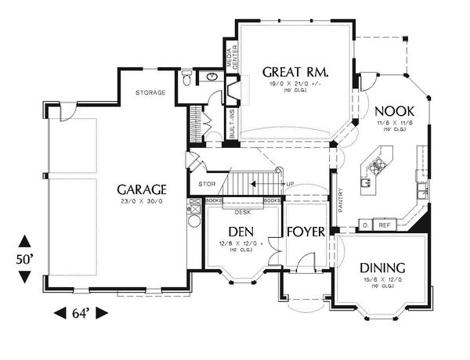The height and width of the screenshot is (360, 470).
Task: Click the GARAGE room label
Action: click(x=142, y=189)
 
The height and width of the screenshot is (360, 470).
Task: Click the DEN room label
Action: click(x=240, y=232)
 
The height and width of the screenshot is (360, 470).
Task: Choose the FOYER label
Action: click(x=301, y=232)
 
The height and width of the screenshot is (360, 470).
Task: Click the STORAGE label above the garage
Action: click(x=150, y=93)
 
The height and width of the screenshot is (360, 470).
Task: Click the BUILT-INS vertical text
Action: click(x=233, y=124)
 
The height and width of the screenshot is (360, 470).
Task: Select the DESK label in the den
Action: click(x=243, y=212)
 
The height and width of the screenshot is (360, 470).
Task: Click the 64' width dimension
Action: click(x=81, y=315)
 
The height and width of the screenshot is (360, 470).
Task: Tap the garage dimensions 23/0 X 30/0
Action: click(x=142, y=203)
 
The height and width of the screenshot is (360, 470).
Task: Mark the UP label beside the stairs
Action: click(x=290, y=185)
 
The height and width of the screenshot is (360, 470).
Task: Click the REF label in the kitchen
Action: click(x=385, y=225)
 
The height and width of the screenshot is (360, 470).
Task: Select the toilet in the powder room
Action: click(x=186, y=78)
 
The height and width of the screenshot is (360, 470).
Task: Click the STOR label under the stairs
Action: click(x=207, y=185)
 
